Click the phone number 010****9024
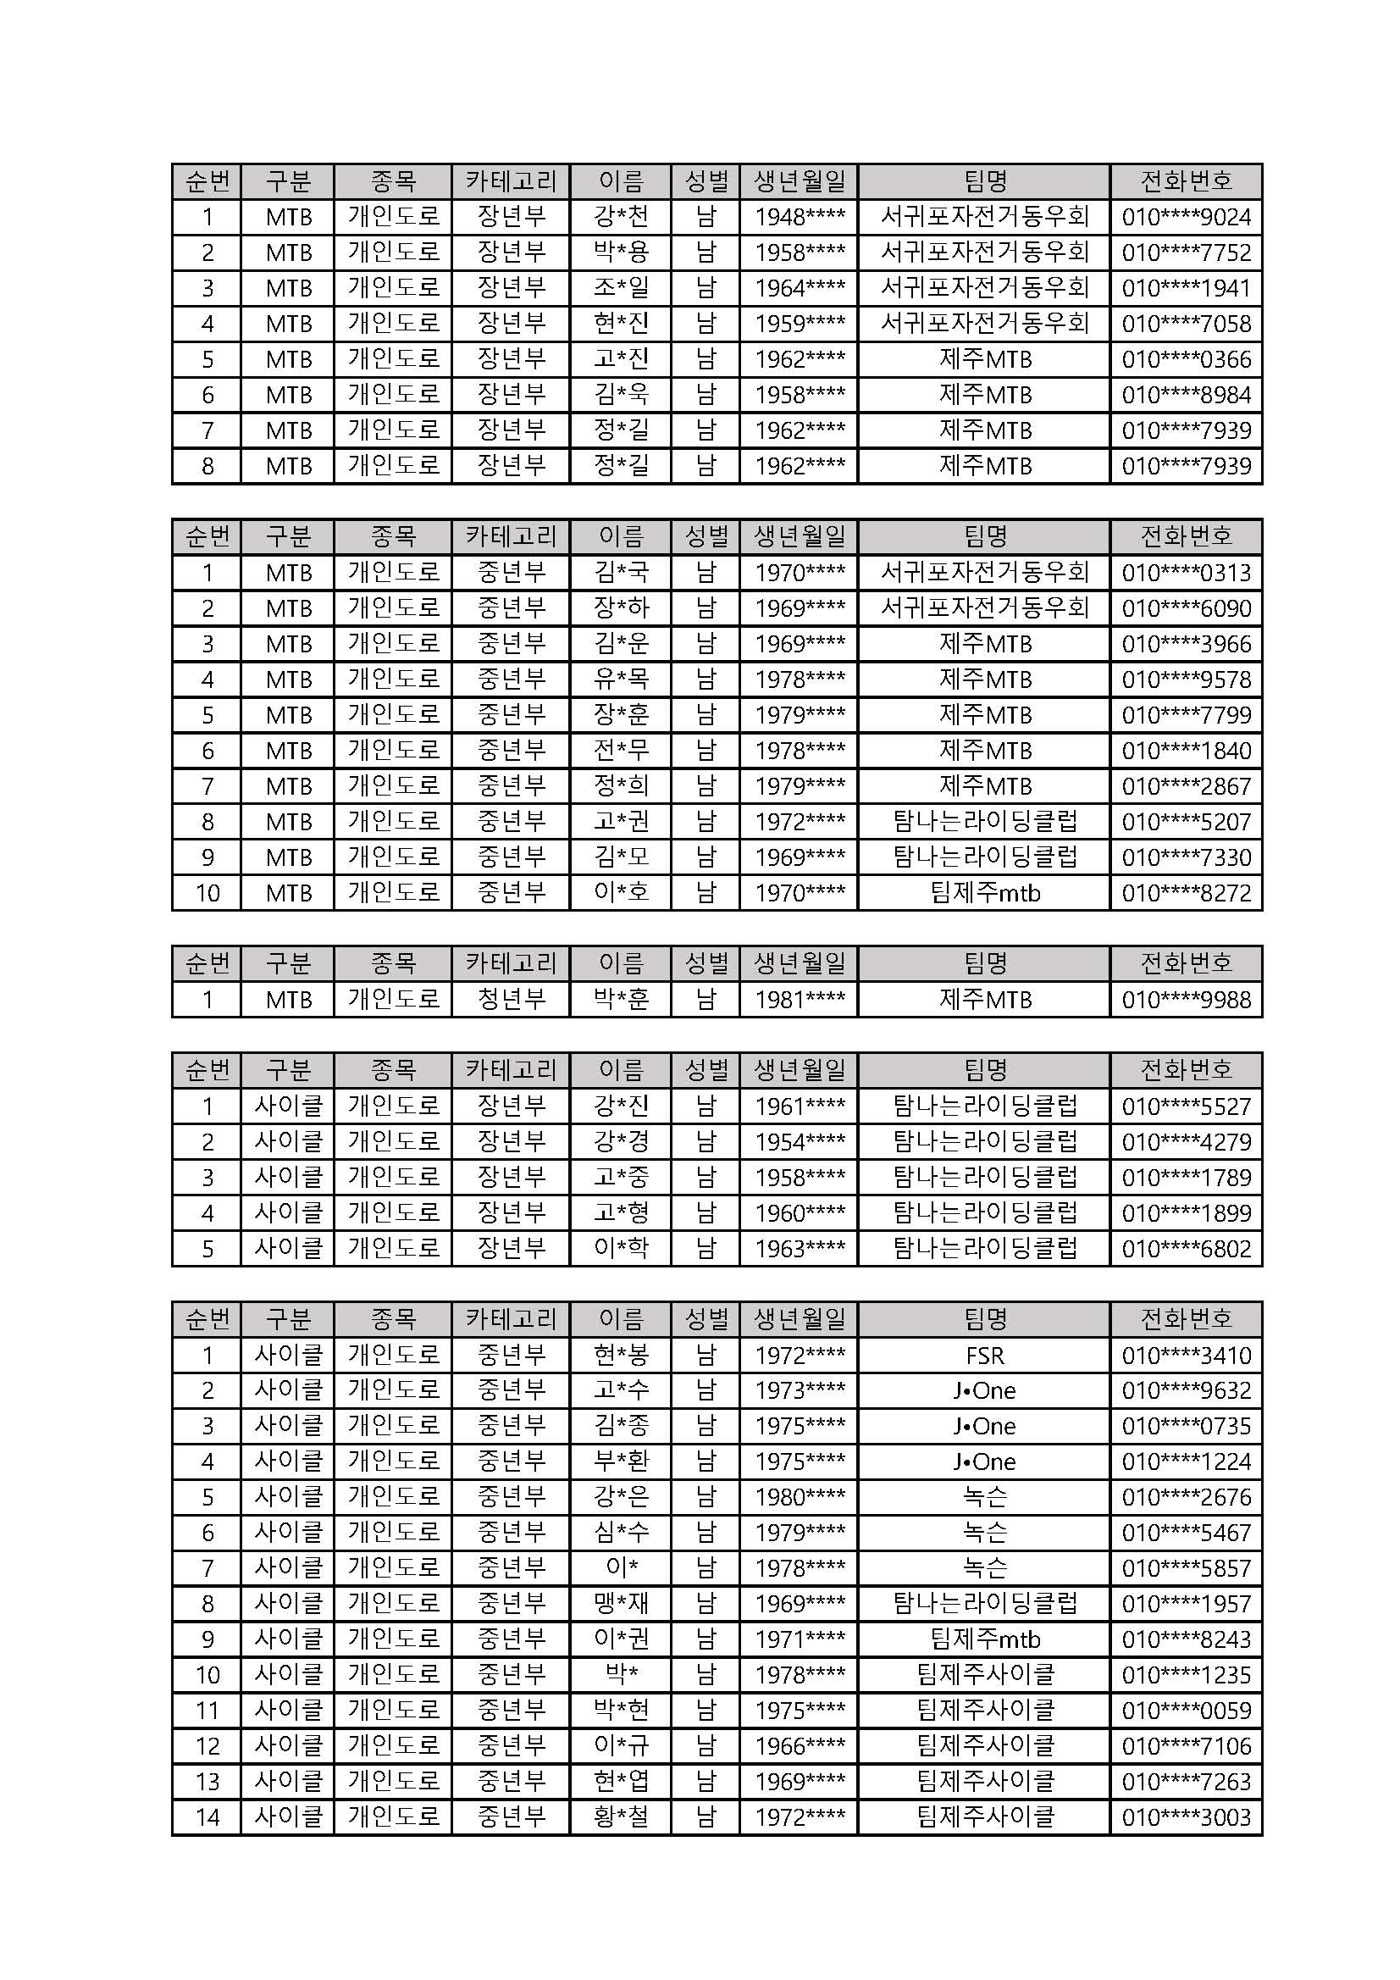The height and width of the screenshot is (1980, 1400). pyautogui.click(x=1186, y=217)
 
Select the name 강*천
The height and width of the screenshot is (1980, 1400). pyautogui.click(x=621, y=216)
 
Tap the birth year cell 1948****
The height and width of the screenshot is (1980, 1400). pyautogui.click(x=800, y=217)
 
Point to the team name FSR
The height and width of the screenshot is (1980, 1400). pyautogui.click(x=984, y=1356)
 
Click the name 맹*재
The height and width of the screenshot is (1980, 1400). pyautogui.click(x=621, y=1604)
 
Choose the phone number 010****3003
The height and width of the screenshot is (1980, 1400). pyautogui.click(x=1186, y=1817)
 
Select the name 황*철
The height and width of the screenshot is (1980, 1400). pyautogui.click(x=621, y=1817)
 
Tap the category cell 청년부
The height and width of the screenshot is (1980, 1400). pyautogui.click(x=512, y=1000)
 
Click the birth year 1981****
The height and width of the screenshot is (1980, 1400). pyautogui.click(x=800, y=1001)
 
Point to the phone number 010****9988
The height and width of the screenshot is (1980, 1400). pyautogui.click(x=1186, y=1001)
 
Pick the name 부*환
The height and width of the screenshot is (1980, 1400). pyautogui.click(x=621, y=1461)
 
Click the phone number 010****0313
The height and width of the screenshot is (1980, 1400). pyautogui.click(x=1186, y=573)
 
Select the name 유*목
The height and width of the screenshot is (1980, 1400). pyautogui.click(x=621, y=679)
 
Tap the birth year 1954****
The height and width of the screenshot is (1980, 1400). pyautogui.click(x=800, y=1143)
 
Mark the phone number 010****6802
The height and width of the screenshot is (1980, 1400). pyautogui.click(x=1186, y=1249)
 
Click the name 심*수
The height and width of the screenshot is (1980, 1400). pyautogui.click(x=621, y=1533)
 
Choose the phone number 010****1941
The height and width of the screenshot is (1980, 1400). pyautogui.click(x=1186, y=288)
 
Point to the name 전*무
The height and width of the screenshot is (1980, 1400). pyautogui.click(x=621, y=751)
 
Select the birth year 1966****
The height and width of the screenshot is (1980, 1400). pyautogui.click(x=800, y=1746)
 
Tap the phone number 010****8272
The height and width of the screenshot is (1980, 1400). pyautogui.click(x=1186, y=892)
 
